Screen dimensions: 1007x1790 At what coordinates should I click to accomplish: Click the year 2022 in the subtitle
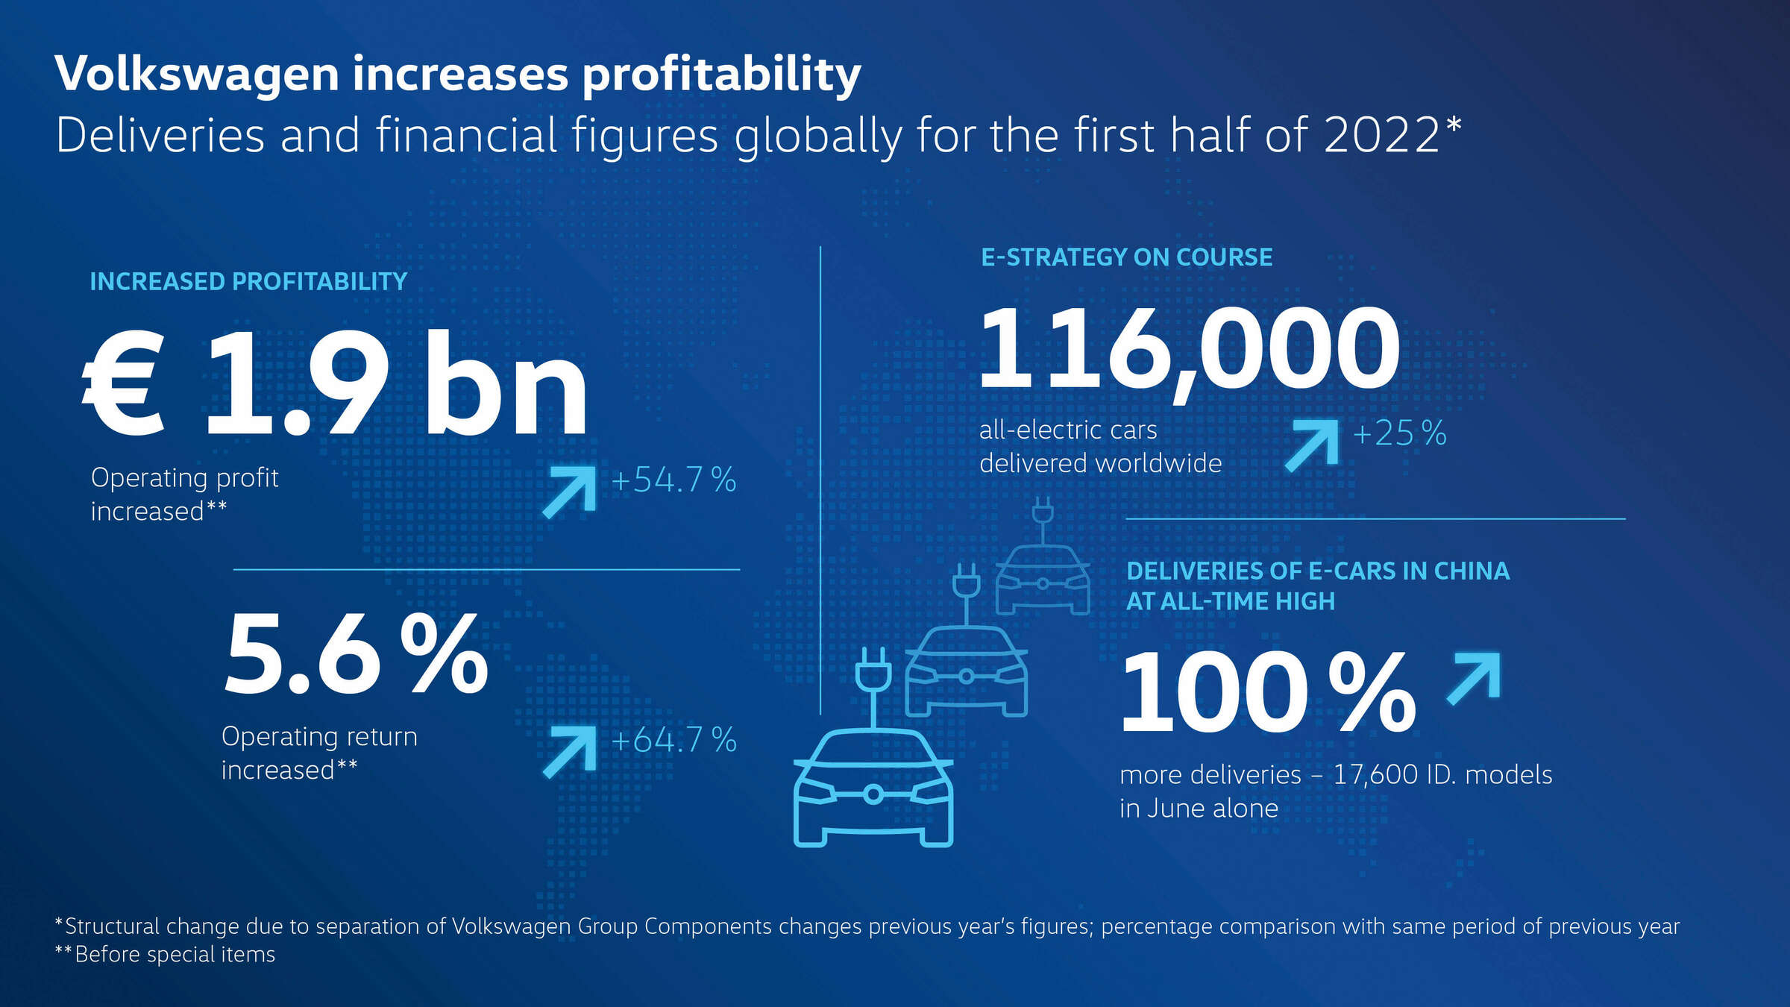tap(1381, 136)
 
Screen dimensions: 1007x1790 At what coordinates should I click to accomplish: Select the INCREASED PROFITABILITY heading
tap(248, 282)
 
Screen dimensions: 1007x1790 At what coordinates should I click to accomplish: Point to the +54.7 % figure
tap(673, 480)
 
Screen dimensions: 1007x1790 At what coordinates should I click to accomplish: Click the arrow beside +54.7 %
tap(570, 491)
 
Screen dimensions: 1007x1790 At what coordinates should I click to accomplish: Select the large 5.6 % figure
tap(356, 655)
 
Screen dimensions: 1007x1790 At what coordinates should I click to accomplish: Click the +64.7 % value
tap(673, 740)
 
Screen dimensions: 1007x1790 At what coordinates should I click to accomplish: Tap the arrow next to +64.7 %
tap(570, 751)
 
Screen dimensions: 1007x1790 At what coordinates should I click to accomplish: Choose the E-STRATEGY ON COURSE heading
tap(1126, 257)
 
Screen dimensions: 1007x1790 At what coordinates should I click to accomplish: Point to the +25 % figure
tap(1399, 433)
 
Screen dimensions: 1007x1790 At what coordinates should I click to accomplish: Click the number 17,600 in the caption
tap(1375, 775)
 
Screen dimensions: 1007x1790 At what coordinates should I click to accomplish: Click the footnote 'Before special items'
tap(175, 955)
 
